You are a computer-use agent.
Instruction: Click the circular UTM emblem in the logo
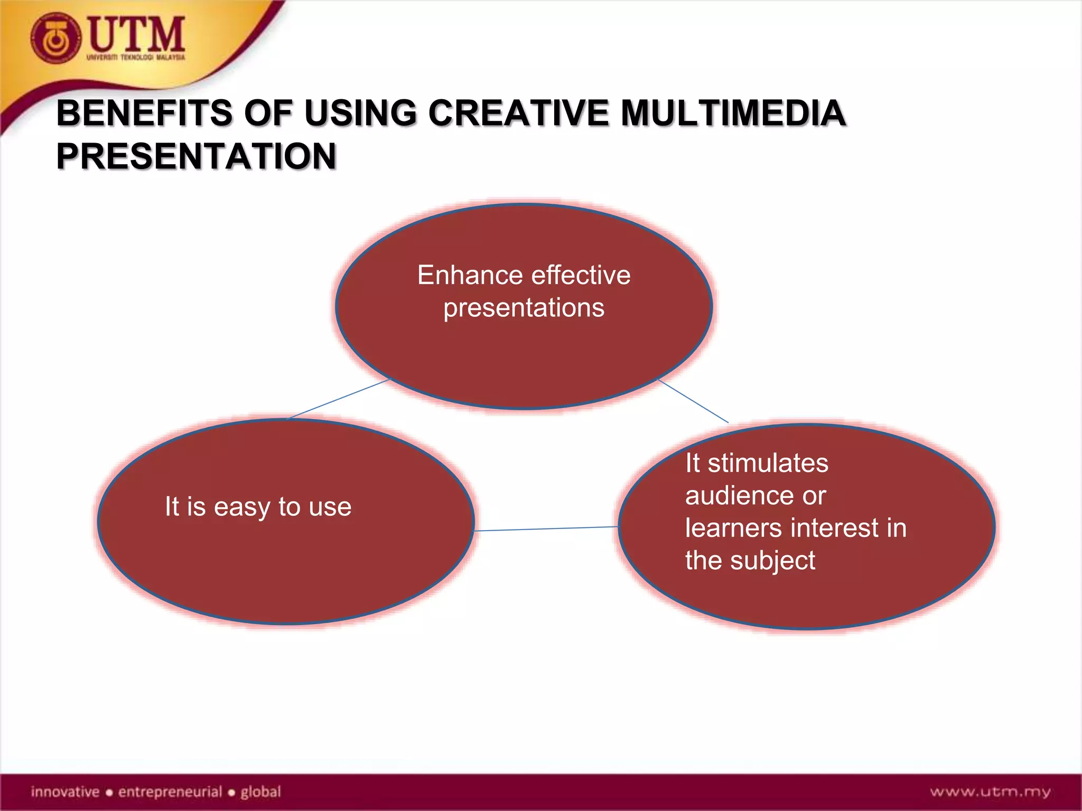pyautogui.click(x=55, y=39)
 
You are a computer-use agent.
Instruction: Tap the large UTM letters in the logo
pyautogui.click(x=136, y=34)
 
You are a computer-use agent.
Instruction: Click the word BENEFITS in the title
pyautogui.click(x=144, y=114)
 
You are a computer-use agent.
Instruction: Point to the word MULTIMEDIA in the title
pyautogui.click(x=733, y=114)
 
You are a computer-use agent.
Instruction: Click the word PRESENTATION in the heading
pyautogui.click(x=196, y=156)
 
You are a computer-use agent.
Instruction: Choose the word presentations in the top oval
pyautogui.click(x=524, y=308)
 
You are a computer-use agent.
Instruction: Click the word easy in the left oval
pyautogui.click(x=242, y=507)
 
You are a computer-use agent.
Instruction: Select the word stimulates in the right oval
pyautogui.click(x=768, y=464)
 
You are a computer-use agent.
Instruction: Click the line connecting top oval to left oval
pyautogui.click(x=338, y=399)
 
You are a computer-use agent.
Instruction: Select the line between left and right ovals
pyautogui.click(x=546, y=529)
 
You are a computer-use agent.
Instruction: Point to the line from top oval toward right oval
pyautogui.click(x=693, y=401)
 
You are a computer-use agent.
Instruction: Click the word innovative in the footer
pyautogui.click(x=65, y=792)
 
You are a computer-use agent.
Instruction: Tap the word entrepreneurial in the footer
pyautogui.click(x=170, y=792)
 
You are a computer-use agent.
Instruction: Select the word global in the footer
pyautogui.click(x=260, y=792)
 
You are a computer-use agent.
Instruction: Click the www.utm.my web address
pyautogui.click(x=990, y=792)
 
